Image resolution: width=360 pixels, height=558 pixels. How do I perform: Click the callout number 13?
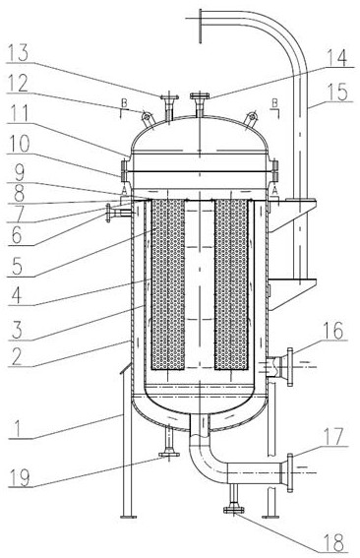click(x=18, y=53)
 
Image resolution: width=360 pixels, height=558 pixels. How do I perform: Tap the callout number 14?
click(x=336, y=58)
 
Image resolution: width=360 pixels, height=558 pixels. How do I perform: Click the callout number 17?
click(x=333, y=436)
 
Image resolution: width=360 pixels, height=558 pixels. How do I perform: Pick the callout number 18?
click(x=333, y=542)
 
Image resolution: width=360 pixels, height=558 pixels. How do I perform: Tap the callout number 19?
click(x=21, y=477)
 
